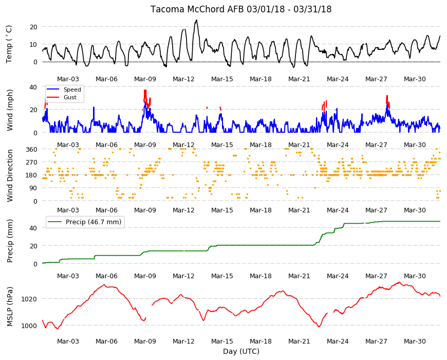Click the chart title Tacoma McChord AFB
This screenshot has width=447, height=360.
[198, 9]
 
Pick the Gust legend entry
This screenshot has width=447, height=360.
[62, 97]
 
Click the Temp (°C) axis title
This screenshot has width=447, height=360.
[9, 44]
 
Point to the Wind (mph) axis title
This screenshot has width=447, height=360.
[10, 110]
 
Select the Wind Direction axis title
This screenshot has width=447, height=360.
[10, 175]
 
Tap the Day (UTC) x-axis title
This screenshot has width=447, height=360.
[241, 351]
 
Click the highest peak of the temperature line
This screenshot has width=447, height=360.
[196, 20]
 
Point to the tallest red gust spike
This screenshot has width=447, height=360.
[145, 91]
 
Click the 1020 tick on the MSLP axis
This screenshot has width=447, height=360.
[29, 299]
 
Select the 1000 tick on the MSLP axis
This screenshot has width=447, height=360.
[29, 326]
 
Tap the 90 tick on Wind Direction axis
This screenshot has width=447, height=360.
[33, 188]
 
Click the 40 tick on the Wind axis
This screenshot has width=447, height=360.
[33, 87]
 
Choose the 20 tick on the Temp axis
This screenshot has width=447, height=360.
[33, 27]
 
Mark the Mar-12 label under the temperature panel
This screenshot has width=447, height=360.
[183, 79]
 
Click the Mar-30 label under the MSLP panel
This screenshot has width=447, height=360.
[415, 341]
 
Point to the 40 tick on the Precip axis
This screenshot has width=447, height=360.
[33, 228]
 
